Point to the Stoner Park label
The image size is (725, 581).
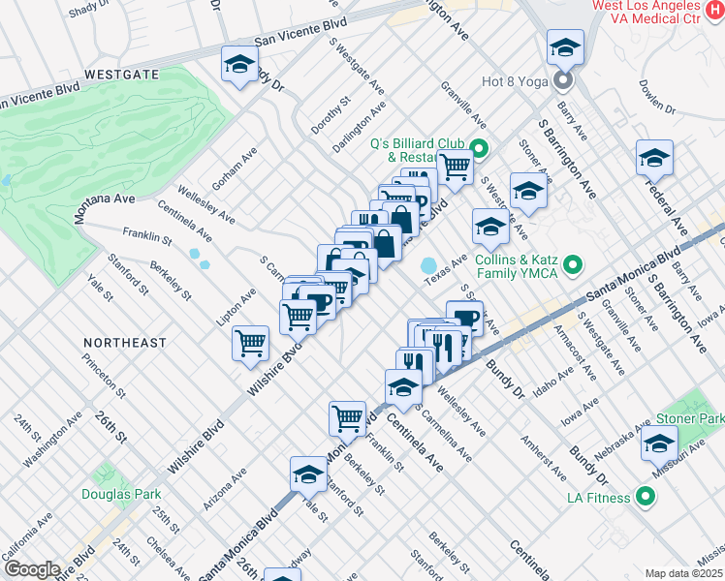coord(689,418)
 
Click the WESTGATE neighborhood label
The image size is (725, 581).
coord(121,73)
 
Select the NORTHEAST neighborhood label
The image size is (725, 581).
coord(124,343)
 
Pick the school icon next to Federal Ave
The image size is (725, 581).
coord(654,157)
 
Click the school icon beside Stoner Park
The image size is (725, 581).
coord(659,444)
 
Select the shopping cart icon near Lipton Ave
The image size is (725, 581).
coord(251,342)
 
